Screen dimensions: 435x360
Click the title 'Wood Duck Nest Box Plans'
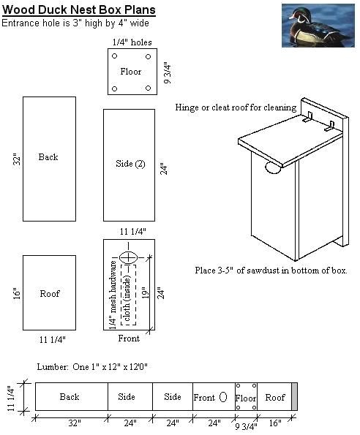[x=78, y=10]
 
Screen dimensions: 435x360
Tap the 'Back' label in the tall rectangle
[x=48, y=157]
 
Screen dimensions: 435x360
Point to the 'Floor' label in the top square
[x=131, y=72]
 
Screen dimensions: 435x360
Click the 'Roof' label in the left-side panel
[x=49, y=294]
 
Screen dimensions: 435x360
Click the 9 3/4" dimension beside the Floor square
[x=168, y=72]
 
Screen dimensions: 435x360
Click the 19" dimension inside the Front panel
[x=145, y=292]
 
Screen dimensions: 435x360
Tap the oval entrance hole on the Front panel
[x=129, y=257]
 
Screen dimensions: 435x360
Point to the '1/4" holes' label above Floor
[x=132, y=42]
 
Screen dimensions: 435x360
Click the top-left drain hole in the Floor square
[x=114, y=56]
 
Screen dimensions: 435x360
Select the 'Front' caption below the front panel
[x=129, y=338]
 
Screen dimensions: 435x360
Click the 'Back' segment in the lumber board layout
[x=70, y=397]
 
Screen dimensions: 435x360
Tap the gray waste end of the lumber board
[x=295, y=397]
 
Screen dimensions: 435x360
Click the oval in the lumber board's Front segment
[x=223, y=397]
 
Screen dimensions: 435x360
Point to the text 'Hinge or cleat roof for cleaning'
[x=236, y=107]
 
